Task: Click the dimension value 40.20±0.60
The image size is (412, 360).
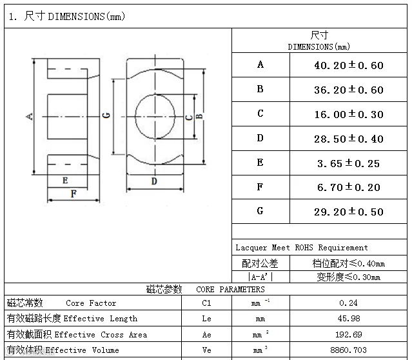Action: (348, 65)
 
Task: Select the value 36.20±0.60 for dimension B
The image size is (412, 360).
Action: (348, 90)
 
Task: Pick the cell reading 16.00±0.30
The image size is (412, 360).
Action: (348, 114)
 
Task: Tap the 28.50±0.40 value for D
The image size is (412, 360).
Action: (348, 139)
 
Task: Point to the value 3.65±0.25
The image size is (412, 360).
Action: (348, 163)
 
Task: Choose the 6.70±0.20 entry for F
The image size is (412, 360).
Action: (348, 187)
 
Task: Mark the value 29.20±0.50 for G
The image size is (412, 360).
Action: (348, 212)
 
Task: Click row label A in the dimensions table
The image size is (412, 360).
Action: (260, 65)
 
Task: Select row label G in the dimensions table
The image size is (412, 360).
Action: (260, 211)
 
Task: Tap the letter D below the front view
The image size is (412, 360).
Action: (154, 181)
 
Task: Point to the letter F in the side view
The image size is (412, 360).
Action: (74, 193)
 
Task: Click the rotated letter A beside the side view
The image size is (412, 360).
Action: (29, 116)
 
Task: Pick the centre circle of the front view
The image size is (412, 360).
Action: (155, 116)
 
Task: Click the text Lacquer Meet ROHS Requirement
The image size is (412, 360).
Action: (302, 248)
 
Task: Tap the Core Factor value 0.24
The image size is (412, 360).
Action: (348, 303)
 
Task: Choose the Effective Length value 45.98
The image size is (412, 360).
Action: (348, 319)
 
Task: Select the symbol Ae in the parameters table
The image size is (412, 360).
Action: (206, 334)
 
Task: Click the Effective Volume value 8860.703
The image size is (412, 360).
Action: (348, 350)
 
